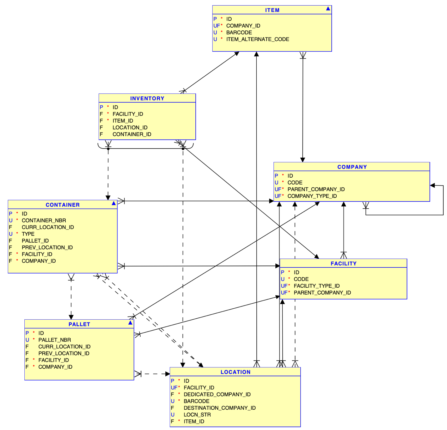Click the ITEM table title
272,10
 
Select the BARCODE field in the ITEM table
239,33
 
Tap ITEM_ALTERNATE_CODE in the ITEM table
257,39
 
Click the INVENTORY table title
147,98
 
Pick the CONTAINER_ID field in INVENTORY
132,134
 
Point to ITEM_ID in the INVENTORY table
123,121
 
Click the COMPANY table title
352,167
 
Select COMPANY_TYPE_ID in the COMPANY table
312,196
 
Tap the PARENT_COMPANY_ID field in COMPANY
316,189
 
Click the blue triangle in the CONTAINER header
114,203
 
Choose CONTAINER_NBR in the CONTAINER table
44,220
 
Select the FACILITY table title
343,264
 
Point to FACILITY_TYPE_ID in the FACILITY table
316,286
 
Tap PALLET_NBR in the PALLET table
54,340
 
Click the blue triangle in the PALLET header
130,323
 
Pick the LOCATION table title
235,372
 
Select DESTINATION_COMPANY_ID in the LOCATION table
219,408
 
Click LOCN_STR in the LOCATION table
197,415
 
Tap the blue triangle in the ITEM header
328,9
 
